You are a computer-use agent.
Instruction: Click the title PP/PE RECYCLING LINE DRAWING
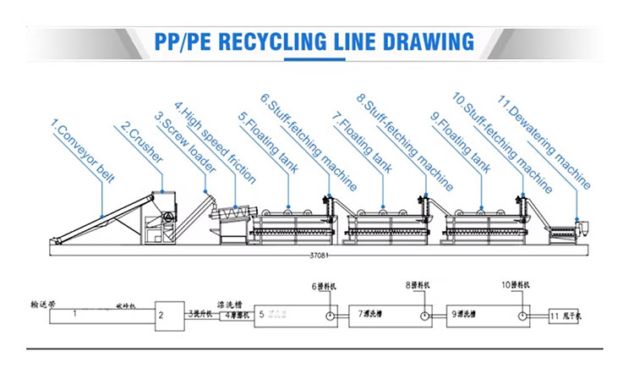point(317,41)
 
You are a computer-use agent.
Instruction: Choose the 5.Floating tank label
point(262,144)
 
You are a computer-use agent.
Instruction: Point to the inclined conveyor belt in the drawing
point(101,217)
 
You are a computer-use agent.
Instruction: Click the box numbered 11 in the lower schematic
point(561,314)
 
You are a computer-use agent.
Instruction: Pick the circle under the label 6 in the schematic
point(327,314)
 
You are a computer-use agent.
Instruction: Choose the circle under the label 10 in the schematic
point(524,314)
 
